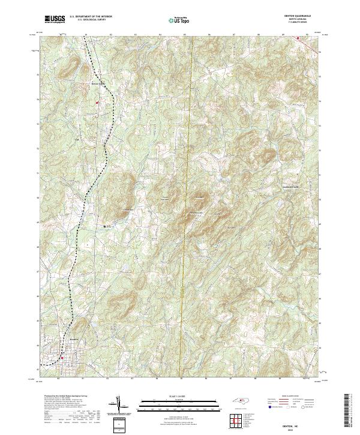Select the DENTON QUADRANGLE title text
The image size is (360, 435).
click(x=301, y=16)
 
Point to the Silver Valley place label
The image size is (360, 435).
click(x=98, y=83)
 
